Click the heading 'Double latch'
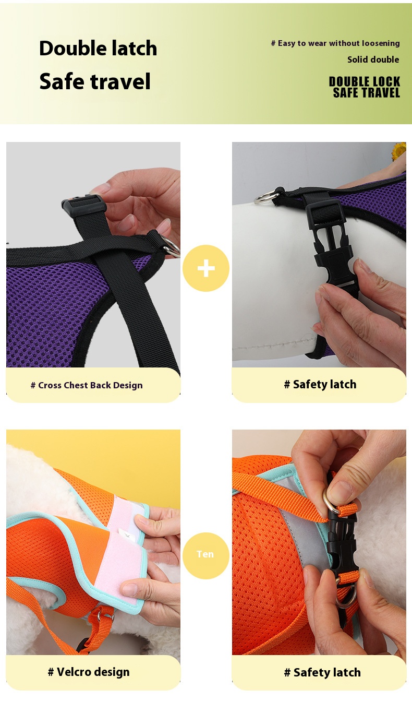coord(98,48)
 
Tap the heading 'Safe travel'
coord(95,81)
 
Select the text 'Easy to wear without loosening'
coord(339,43)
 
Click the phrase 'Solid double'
coord(373,60)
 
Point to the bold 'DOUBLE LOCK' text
coord(365,81)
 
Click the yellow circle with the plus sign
coord(206,268)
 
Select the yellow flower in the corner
coord(399,150)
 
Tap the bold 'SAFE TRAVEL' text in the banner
coord(366,93)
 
